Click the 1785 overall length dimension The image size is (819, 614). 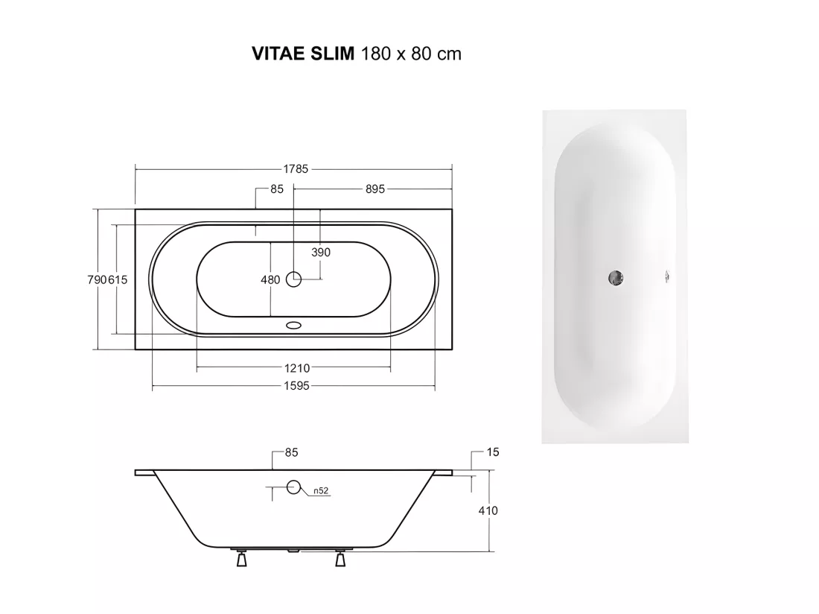296,169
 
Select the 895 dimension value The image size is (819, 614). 375,189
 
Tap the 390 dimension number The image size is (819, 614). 321,253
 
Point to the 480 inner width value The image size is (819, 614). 270,280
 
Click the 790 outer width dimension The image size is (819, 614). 97,279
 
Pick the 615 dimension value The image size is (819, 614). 118,279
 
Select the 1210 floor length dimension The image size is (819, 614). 297,368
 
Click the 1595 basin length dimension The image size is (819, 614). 296,386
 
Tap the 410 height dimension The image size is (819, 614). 488,510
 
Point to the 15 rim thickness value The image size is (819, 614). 493,452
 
